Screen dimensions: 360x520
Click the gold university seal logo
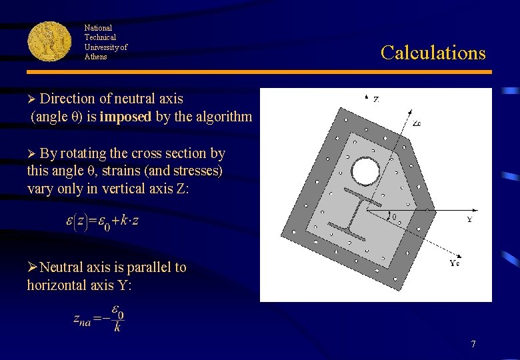pyautogui.click(x=49, y=41)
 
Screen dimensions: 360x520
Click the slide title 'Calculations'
pyautogui.click(x=433, y=53)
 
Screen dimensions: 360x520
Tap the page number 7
pyautogui.click(x=473, y=345)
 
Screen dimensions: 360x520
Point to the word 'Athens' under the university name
pyautogui.click(x=95, y=57)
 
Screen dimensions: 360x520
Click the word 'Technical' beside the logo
pyautogui.click(x=100, y=37)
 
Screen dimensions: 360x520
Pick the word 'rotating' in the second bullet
pyautogui.click(x=86, y=153)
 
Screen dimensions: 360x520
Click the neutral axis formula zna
pyautogui.click(x=99, y=318)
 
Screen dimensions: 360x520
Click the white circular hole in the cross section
pyautogui.click(x=365, y=171)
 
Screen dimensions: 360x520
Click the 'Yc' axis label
pyautogui.click(x=455, y=263)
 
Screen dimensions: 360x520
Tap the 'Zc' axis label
pyautogui.click(x=417, y=124)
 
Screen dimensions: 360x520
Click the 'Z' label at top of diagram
pyautogui.click(x=376, y=99)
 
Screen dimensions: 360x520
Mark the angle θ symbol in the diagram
pyautogui.click(x=393, y=217)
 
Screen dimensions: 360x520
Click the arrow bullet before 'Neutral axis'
pyautogui.click(x=32, y=267)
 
